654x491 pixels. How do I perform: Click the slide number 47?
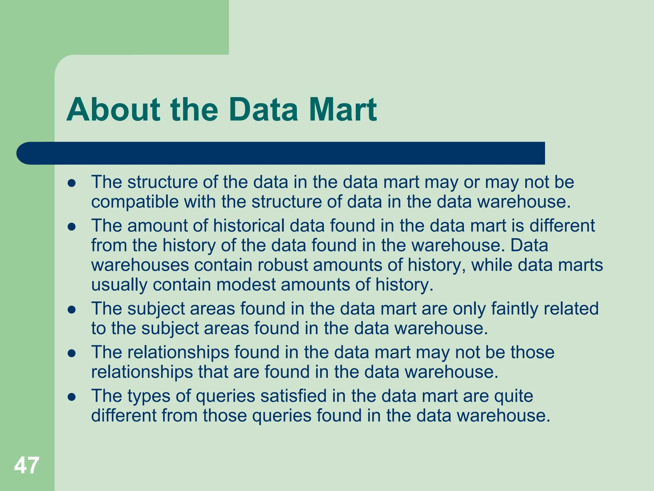tap(27, 465)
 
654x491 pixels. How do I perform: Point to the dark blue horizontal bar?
tap(281, 153)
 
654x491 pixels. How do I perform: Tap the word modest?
tap(246, 284)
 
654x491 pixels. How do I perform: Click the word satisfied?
tap(294, 396)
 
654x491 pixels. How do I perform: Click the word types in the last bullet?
tap(149, 396)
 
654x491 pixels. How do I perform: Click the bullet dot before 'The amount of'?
tap(72, 227)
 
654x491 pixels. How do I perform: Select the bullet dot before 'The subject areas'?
tap(72, 310)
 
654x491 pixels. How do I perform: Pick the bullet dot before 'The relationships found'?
tap(72, 354)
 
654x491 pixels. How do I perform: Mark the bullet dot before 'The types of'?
tap(72, 397)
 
